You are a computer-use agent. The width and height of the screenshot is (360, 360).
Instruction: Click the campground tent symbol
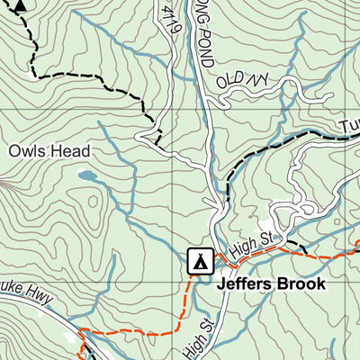pos(199,260)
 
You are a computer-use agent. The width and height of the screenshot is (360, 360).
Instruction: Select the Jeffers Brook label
pos(270,283)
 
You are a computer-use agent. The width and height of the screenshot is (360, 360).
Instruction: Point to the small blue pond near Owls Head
pos(86,175)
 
